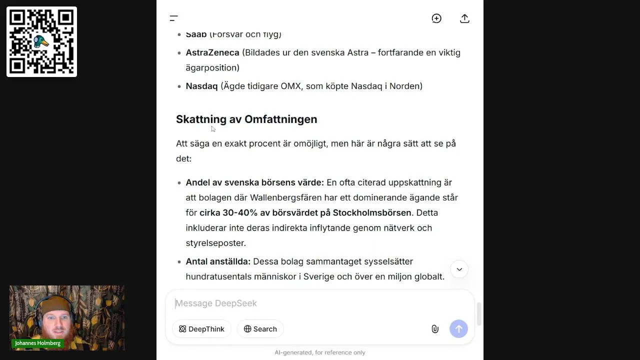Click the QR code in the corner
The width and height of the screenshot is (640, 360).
coord(41,41)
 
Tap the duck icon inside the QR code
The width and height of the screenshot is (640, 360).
coord(41,41)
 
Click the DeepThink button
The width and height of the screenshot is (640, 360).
coord(201,329)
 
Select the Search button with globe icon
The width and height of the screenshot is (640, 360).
coord(260,329)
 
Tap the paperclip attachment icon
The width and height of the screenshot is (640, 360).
coord(435,329)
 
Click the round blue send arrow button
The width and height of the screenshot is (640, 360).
coord(458,329)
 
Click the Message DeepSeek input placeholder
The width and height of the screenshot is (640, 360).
coord(216,303)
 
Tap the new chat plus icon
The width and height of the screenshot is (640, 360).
coord(436,18)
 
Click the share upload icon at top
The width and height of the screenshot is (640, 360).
coord(464,18)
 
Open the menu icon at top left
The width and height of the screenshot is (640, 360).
coord(173,18)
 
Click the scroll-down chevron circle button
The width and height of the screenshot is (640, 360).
coord(459,269)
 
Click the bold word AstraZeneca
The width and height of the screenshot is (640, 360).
coord(212,52)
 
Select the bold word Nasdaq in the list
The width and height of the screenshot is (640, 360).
coord(201,86)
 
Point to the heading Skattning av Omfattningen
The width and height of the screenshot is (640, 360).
coord(246,119)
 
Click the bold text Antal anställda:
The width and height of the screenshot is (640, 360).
coord(218,261)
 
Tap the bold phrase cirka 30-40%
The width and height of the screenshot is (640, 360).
coord(228,213)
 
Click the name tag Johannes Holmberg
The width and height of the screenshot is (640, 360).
coord(37,343)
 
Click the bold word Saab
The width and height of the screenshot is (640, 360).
coord(196,34)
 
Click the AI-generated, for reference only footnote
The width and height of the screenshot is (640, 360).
coord(319,352)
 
